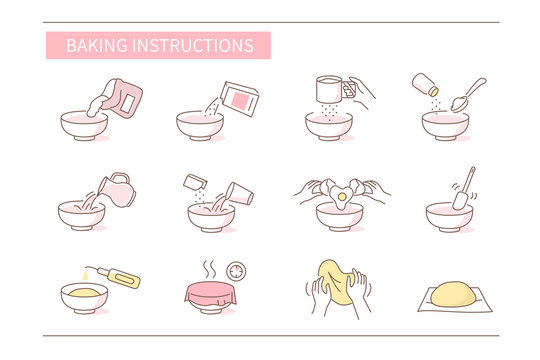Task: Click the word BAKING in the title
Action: tap(91, 46)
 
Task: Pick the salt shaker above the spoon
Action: tap(424, 83)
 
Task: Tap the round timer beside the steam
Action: tap(236, 270)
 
